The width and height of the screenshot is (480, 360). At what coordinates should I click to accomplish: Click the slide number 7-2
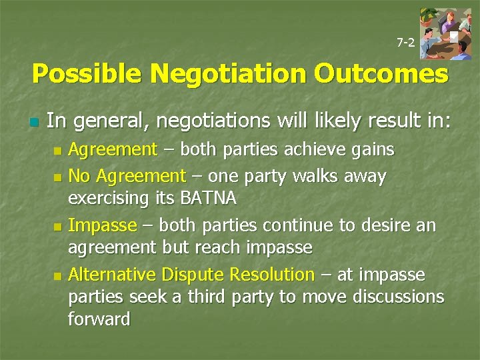(405, 43)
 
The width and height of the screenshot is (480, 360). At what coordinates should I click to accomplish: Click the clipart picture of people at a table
(446, 35)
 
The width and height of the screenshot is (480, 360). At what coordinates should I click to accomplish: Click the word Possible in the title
(86, 74)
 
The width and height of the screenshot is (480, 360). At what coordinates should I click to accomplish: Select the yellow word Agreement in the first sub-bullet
(113, 149)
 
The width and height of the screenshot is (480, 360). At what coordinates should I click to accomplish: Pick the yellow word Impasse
(103, 226)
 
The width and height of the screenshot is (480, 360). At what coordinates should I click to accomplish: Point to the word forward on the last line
(99, 319)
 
